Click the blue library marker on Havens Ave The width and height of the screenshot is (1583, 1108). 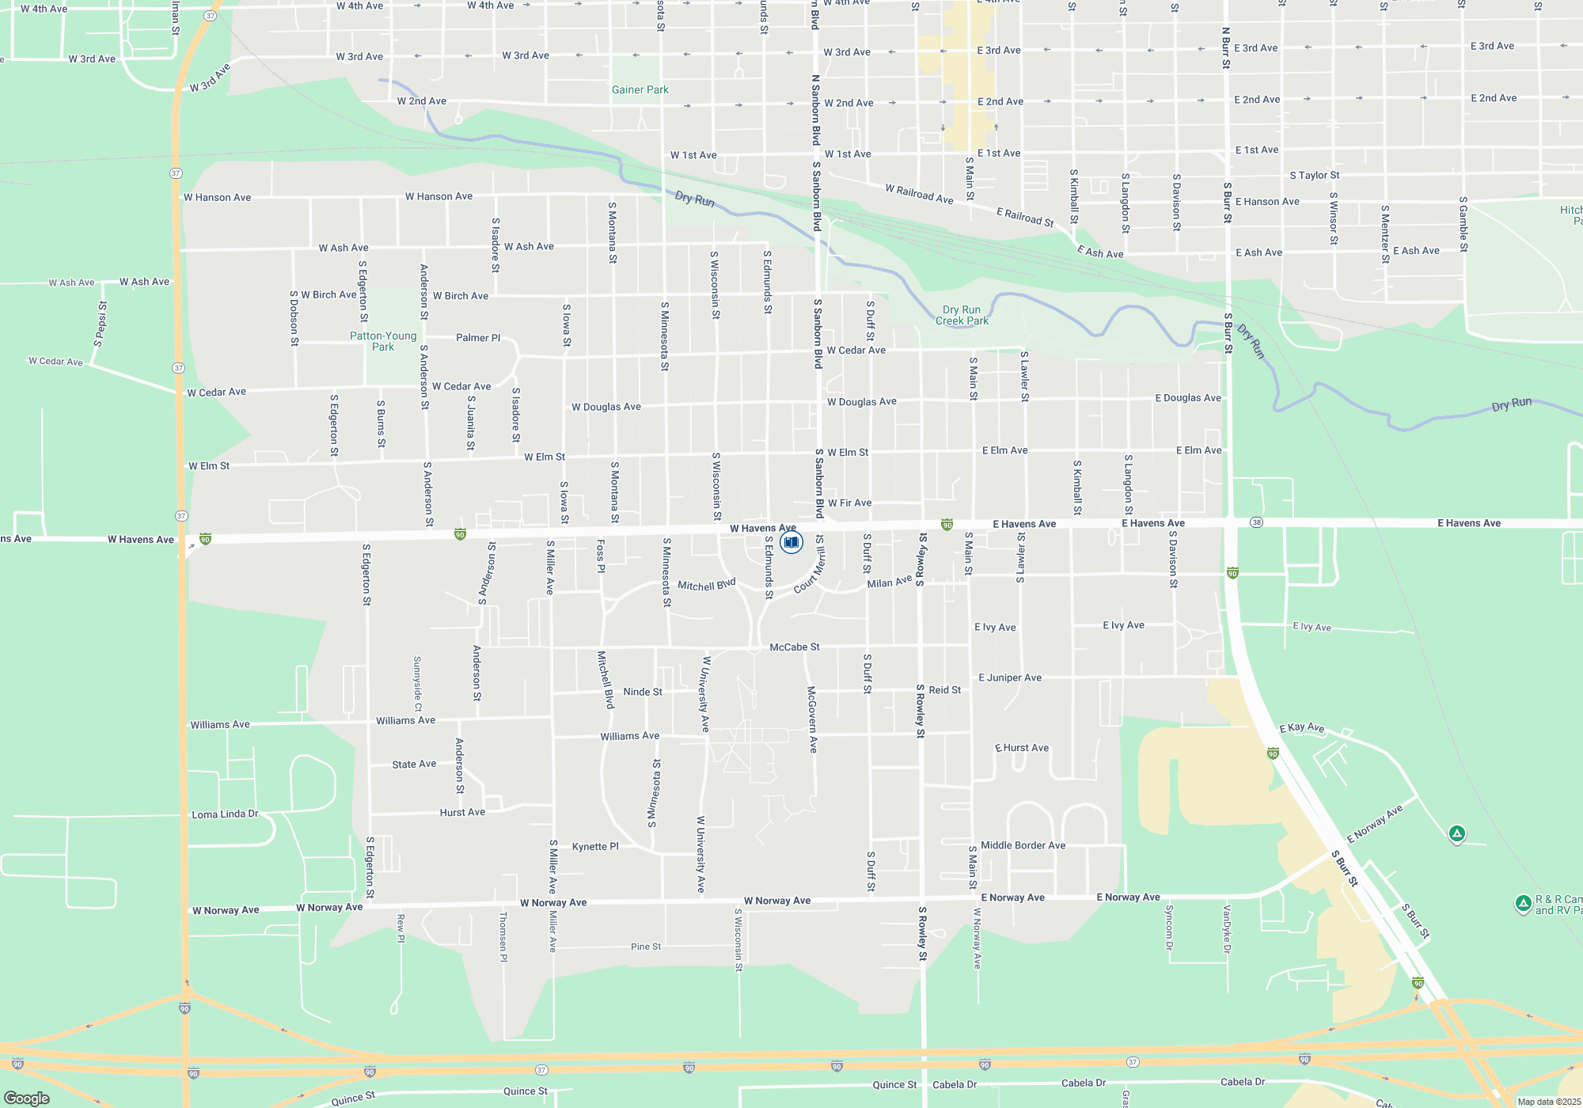point(791,542)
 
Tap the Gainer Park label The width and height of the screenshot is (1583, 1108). point(640,90)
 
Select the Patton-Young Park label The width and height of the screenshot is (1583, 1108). point(383,341)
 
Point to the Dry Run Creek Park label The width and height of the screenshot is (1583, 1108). point(962,315)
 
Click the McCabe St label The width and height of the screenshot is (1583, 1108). point(795,647)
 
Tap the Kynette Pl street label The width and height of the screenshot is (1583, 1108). point(595,846)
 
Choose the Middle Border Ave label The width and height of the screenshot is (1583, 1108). point(1023,845)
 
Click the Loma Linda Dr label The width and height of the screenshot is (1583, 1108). point(225,814)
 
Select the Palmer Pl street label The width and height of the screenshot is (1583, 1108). point(478,338)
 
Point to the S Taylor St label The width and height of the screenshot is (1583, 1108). point(1315,176)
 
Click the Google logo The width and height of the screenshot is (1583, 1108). point(27,1098)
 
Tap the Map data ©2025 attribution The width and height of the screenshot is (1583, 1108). point(1548,1102)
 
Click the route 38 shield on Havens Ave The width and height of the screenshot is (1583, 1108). point(1256,522)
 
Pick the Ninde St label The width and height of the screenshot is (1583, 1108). point(643,692)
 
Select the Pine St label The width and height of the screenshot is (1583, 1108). point(646,947)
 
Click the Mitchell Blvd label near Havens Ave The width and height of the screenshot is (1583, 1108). point(707,585)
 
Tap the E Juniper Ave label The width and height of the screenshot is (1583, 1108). point(1010,677)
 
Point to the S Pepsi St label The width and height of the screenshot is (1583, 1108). point(101,324)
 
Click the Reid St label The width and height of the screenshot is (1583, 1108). point(945,690)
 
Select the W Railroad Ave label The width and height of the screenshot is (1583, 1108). point(919,194)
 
